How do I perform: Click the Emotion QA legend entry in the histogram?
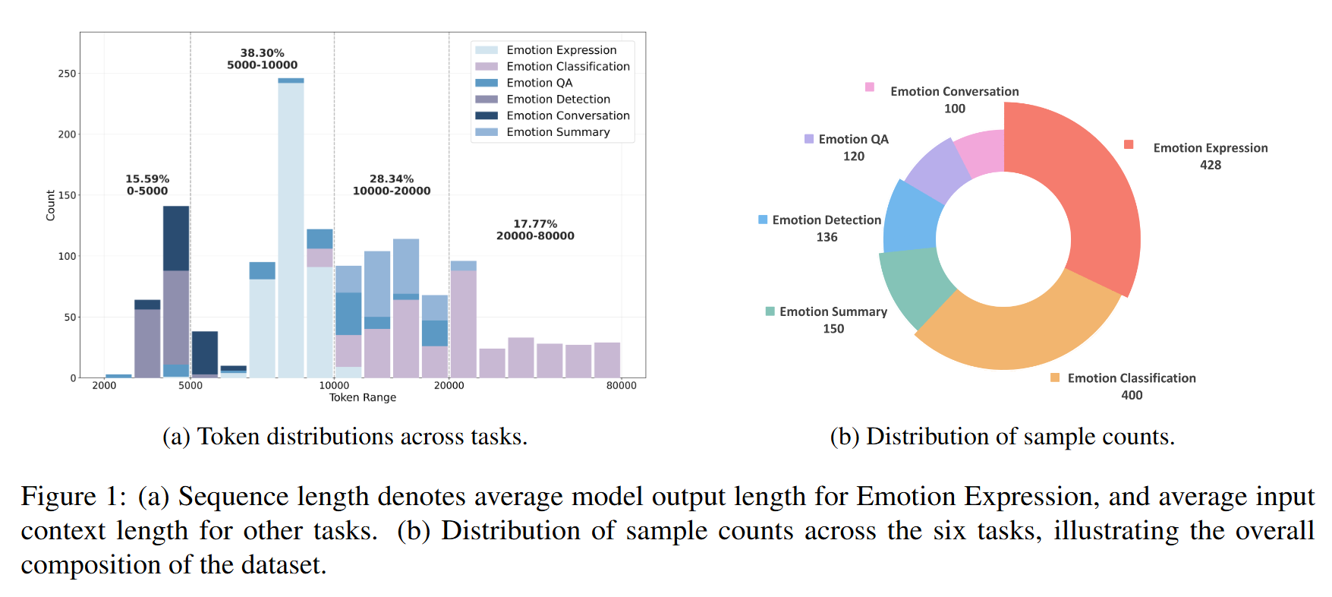coord(539,83)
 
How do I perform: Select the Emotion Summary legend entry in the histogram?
coord(558,132)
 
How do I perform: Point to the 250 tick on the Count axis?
coord(67,74)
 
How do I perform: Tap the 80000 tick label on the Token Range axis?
coord(621,386)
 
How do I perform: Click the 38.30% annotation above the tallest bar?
coord(262,53)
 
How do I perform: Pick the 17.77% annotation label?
coord(535,224)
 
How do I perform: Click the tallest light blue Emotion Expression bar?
coord(291,228)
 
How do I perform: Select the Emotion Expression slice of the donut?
coord(1093,197)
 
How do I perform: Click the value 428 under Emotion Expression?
coord(1211,165)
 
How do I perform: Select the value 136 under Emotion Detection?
coord(827,237)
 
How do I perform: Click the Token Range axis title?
coord(362,397)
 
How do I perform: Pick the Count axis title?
coord(51,205)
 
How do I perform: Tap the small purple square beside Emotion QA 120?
coord(809,139)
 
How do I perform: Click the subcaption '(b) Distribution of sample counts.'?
coord(1002,437)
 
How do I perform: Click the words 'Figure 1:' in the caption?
coord(74,497)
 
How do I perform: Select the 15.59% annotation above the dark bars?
coord(147,179)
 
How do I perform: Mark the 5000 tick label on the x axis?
coord(191,386)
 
